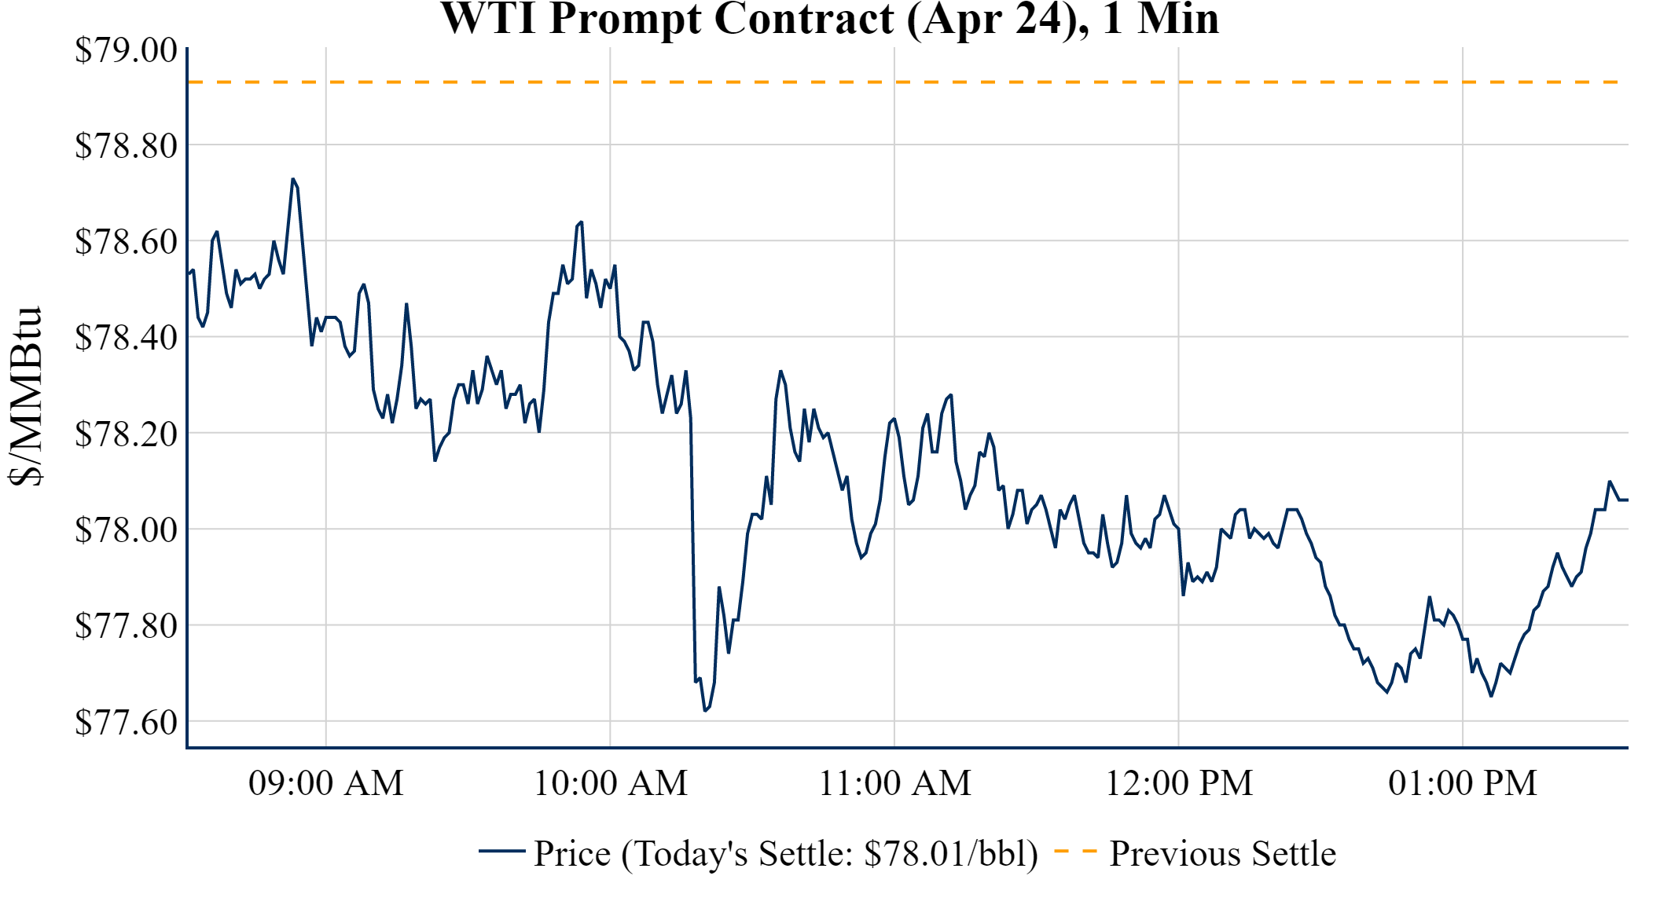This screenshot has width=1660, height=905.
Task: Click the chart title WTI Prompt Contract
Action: (x=829, y=19)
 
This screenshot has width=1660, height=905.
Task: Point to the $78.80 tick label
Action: (x=126, y=145)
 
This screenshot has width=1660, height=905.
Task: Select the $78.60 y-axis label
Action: (x=126, y=242)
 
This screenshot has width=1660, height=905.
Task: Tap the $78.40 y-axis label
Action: (x=126, y=338)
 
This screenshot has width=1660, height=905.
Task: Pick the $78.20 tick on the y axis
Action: (x=126, y=434)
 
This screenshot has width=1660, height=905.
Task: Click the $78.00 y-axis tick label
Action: (x=126, y=530)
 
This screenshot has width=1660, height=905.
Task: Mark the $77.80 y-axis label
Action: (x=126, y=626)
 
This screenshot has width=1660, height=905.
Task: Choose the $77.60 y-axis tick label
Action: (x=126, y=722)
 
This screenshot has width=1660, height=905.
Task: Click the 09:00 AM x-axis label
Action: (x=326, y=783)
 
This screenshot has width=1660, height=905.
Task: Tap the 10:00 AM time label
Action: (x=611, y=783)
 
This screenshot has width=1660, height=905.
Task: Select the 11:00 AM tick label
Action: (x=894, y=783)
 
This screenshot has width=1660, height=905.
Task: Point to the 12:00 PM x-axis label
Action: (x=1179, y=783)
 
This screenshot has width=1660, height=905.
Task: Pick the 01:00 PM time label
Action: (x=1463, y=783)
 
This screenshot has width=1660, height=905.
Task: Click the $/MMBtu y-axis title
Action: (x=25, y=397)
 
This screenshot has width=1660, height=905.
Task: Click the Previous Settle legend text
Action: (x=1222, y=853)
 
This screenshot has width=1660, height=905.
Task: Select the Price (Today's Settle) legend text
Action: (x=786, y=853)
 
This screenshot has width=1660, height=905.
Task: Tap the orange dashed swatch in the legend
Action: (x=1075, y=851)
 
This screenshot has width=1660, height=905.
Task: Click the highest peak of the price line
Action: (x=292, y=179)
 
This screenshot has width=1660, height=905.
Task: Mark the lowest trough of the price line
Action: (x=705, y=710)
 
